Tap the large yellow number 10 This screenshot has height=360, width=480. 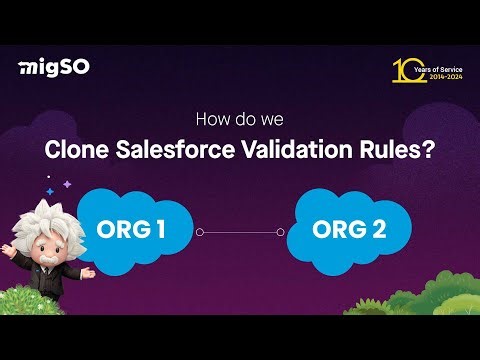404,69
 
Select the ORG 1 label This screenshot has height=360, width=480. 133,229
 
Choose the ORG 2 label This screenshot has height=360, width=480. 349,229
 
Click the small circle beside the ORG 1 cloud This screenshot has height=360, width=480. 200,232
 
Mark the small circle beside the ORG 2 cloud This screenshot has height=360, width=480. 281,232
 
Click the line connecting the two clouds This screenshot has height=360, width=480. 240,232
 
